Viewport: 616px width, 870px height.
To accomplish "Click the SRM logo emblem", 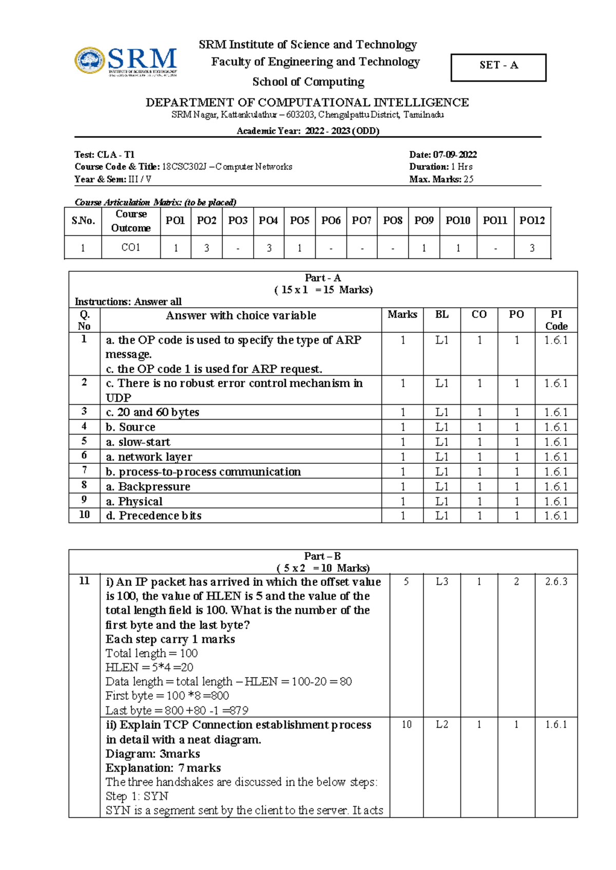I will point(90,61).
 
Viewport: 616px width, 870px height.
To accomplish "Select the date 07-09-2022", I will point(455,154).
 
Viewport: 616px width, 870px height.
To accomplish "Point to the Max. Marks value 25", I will point(468,179).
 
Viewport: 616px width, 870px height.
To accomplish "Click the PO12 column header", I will point(532,221).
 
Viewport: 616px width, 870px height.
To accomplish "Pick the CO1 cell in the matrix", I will point(131,247).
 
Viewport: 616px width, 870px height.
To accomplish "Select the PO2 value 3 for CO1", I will point(206,248).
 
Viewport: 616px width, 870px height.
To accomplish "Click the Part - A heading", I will point(322,278).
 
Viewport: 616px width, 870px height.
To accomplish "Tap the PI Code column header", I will point(556,320).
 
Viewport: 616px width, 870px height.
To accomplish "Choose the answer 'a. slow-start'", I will point(138,442).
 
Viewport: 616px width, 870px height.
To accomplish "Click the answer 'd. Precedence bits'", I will point(153,516).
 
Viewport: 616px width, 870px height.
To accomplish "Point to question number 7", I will point(84,470).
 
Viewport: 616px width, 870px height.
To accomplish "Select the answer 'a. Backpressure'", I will point(148,486).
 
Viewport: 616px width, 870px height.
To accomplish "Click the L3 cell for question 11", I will point(442,581).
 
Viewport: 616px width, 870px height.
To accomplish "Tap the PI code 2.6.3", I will point(556,581).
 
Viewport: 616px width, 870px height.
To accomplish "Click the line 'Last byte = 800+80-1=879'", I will point(177,710).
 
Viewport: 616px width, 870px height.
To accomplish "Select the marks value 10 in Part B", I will point(407,724).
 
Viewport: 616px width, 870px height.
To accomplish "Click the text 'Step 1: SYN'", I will point(137,796).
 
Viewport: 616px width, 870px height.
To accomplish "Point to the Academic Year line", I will point(308,131).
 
